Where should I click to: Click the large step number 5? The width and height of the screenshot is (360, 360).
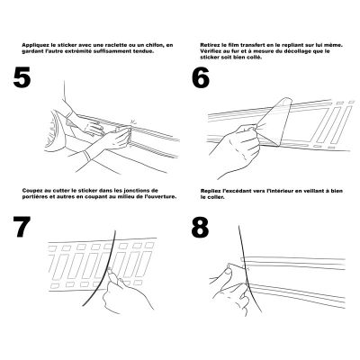click(22, 77)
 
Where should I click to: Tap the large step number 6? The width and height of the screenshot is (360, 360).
click(201, 77)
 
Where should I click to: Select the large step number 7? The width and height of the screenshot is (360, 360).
click(22, 227)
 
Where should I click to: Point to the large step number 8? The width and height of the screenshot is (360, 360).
click(200, 227)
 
